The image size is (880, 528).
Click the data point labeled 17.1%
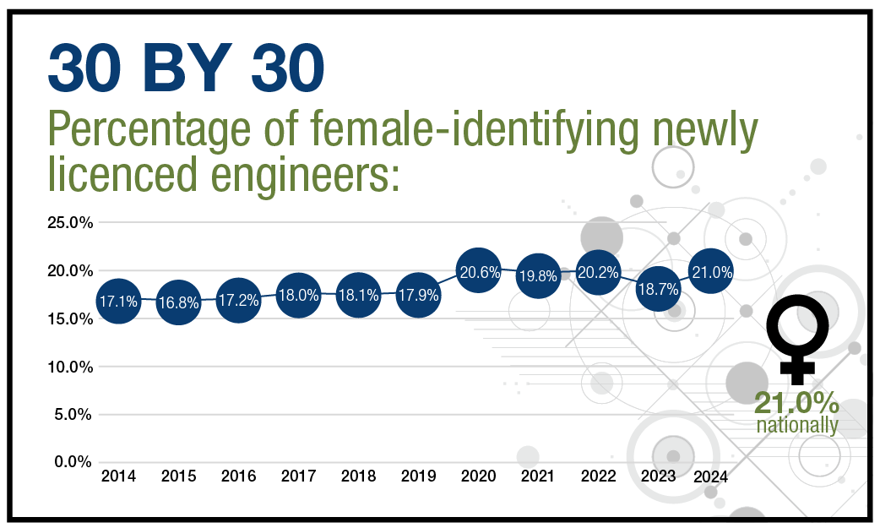[x=117, y=301]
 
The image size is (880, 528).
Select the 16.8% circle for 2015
[x=178, y=303]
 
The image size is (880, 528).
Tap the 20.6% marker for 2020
[x=478, y=272]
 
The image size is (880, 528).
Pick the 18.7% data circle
[x=658, y=287]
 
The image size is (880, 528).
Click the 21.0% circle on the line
[x=710, y=271]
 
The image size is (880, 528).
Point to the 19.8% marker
[x=537, y=275]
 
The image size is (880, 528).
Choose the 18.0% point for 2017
[x=298, y=296]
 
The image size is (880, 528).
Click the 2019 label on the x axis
[x=418, y=477]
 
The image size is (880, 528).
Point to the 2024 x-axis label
[x=711, y=477]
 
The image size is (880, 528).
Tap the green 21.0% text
[x=796, y=403]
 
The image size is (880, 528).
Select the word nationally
[x=796, y=425]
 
